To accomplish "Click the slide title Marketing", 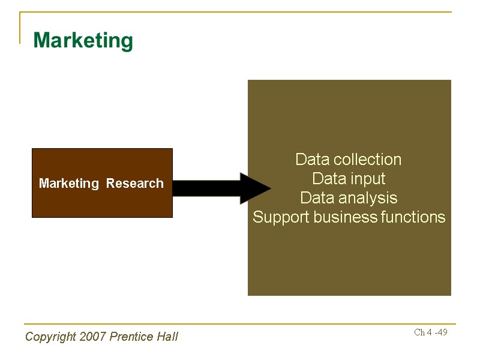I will [83, 41].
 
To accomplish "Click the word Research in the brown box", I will [134, 184].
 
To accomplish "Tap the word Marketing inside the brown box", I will [69, 184].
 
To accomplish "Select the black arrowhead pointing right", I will [254, 188].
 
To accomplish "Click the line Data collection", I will [349, 160].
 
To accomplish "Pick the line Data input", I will [349, 179].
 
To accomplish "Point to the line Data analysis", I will [349, 198].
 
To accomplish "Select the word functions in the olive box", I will [413, 217].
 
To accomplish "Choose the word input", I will [367, 179].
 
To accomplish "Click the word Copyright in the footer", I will [50, 337].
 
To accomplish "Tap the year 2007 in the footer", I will [93, 337].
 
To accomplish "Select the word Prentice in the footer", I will [131, 337].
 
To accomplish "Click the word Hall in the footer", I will [167, 337].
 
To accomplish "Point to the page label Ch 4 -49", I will [431, 332].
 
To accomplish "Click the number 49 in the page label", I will [442, 332].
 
